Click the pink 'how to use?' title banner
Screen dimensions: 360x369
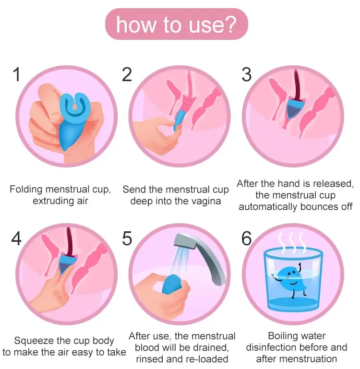coord(176,24)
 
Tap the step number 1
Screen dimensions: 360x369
coord(17,74)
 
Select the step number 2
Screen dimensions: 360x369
coord(127,74)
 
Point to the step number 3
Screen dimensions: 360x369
coord(247,74)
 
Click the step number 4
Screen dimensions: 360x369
coord(16,238)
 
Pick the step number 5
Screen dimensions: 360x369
coord(127,238)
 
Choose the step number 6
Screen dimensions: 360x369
coord(247,238)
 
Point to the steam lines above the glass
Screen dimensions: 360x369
coord(292,243)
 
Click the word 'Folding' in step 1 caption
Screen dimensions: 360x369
coord(26,190)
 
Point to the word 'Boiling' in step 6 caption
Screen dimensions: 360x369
coord(283,336)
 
